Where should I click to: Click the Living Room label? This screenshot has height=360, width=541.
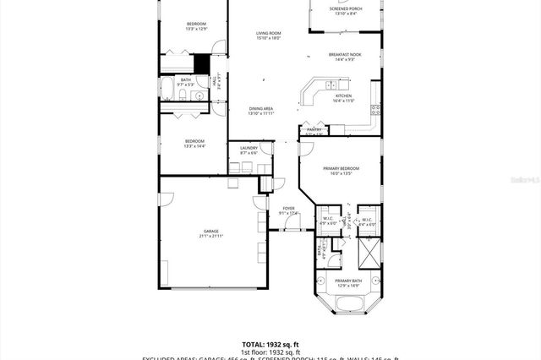click(x=268, y=35)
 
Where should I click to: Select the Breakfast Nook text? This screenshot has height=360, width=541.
click(x=346, y=57)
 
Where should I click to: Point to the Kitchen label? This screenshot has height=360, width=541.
click(x=342, y=98)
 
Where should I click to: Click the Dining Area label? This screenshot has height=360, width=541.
click(x=260, y=111)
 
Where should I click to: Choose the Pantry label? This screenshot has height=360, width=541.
click(x=314, y=131)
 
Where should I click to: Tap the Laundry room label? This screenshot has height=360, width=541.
click(x=249, y=150)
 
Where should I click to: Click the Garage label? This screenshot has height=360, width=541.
click(x=210, y=233)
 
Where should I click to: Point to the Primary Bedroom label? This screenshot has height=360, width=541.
click(x=341, y=171)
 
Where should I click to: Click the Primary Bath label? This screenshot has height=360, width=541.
click(x=347, y=282)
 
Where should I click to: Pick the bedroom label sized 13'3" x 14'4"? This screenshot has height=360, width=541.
click(x=195, y=144)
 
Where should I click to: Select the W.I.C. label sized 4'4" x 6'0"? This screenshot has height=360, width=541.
click(x=366, y=221)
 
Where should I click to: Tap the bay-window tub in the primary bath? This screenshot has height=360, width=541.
click(x=347, y=304)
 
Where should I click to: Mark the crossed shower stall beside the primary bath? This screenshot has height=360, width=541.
click(x=369, y=251)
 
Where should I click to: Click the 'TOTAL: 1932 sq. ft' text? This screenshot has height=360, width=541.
click(x=270, y=344)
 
